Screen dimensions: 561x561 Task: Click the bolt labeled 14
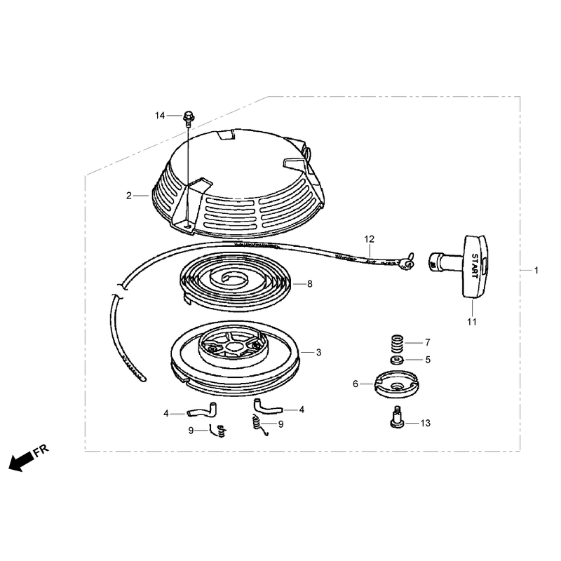[x=188, y=118]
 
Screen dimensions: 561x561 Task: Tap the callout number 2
[x=129, y=196]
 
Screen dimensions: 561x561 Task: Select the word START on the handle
[x=475, y=266]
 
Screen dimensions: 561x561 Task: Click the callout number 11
[x=472, y=322]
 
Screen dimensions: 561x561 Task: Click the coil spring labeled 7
[x=397, y=343]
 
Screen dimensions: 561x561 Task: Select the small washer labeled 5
[x=397, y=360]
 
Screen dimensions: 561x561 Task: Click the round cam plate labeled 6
[x=396, y=384]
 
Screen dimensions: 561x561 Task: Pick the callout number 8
[x=310, y=284]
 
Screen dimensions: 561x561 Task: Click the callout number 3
[x=319, y=353]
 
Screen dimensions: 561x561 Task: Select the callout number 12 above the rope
[x=370, y=239]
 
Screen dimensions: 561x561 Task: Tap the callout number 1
[x=536, y=271]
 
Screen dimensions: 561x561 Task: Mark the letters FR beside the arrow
[x=41, y=450]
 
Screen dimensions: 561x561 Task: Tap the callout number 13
[x=426, y=424]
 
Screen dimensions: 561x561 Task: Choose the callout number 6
[x=356, y=384]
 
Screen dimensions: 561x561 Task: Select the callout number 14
[x=160, y=116]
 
